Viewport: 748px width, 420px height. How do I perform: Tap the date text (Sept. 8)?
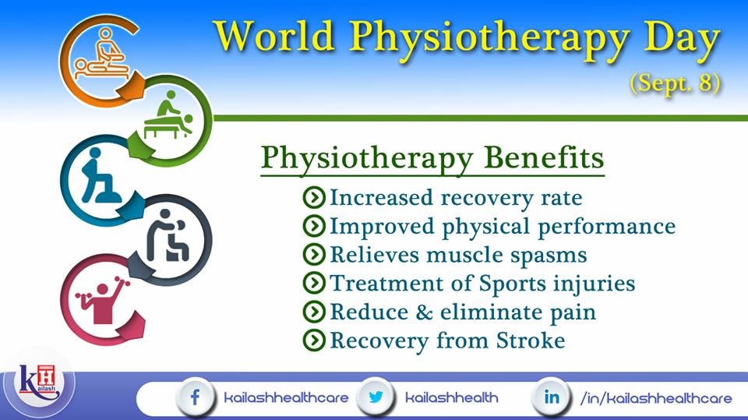pos(675,83)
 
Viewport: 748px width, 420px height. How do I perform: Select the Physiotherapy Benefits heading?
pos(432,158)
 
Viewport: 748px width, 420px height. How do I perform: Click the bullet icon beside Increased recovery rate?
pos(314,197)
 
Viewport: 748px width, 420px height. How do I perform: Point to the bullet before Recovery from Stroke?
pos(314,340)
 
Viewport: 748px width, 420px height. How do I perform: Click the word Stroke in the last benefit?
pos(531,341)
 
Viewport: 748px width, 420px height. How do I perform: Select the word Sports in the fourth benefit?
pos(512,284)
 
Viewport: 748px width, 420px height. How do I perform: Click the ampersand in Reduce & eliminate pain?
pos(424,312)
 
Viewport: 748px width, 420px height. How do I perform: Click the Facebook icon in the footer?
pos(195,397)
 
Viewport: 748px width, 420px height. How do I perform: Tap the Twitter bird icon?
pos(376,397)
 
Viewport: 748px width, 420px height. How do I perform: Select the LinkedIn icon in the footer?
pos(552,397)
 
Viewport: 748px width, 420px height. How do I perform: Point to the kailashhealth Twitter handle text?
pos(451,397)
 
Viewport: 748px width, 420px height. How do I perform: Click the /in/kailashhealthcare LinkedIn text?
pos(656,398)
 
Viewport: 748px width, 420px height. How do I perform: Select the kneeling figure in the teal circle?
pos(100,176)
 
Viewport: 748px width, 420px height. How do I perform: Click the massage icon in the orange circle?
pos(103,54)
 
